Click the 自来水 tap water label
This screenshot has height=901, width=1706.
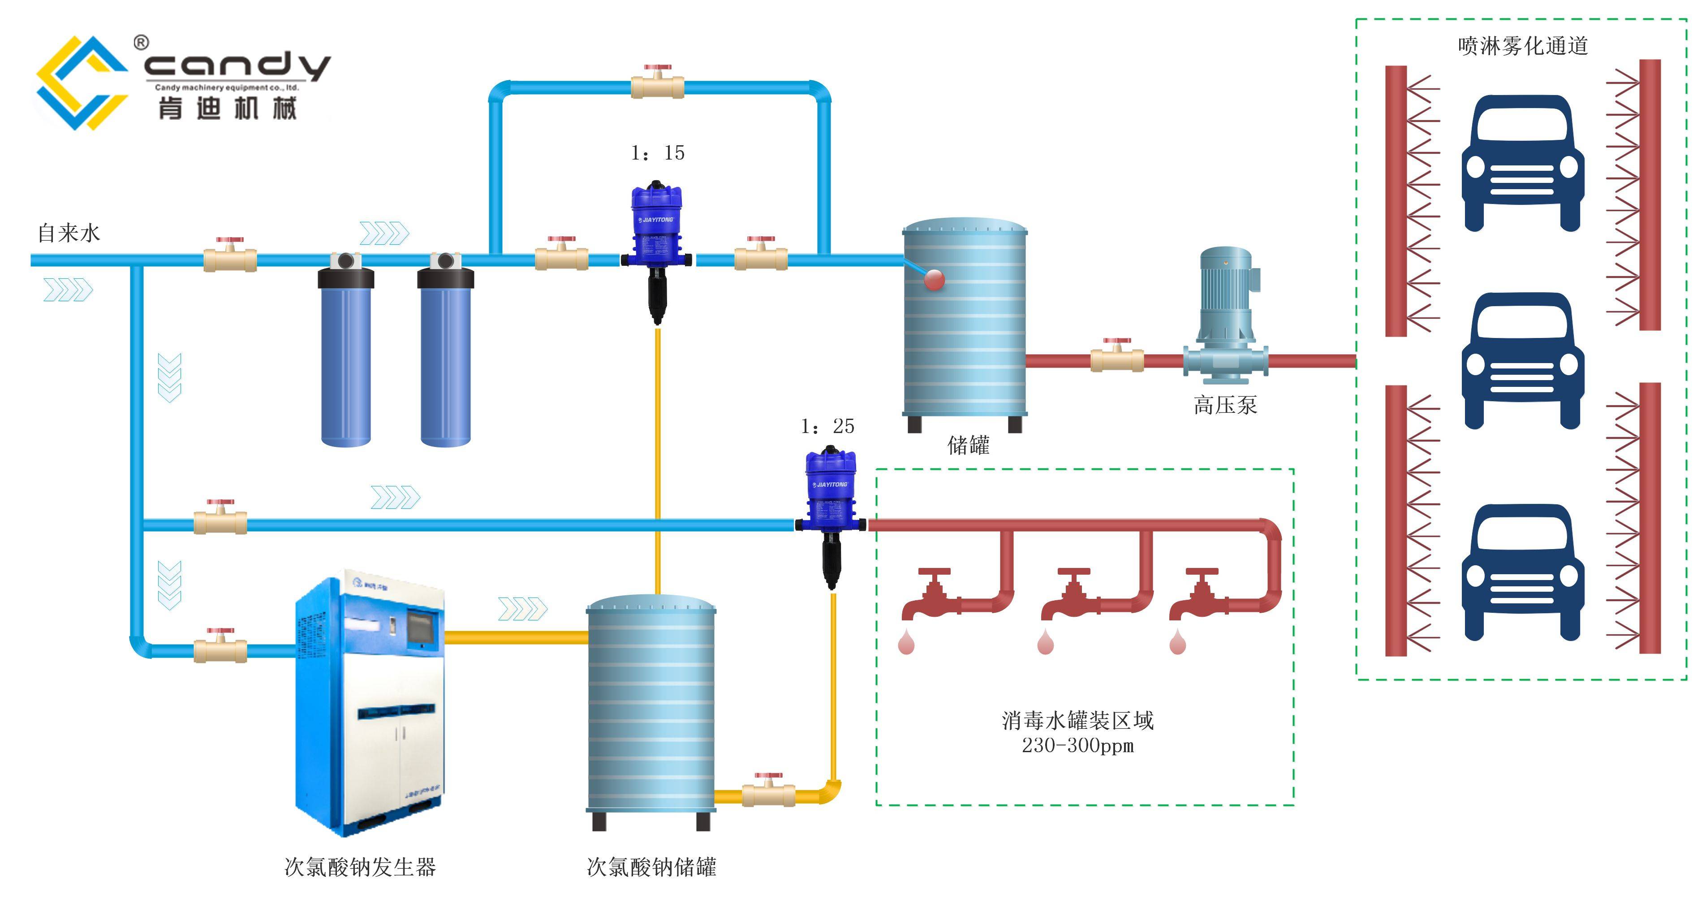(69, 233)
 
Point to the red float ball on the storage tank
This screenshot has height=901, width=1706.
(934, 280)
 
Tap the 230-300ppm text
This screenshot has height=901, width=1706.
(1077, 746)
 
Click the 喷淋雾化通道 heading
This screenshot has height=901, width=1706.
(1523, 46)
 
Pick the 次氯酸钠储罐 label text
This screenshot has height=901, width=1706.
(651, 866)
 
